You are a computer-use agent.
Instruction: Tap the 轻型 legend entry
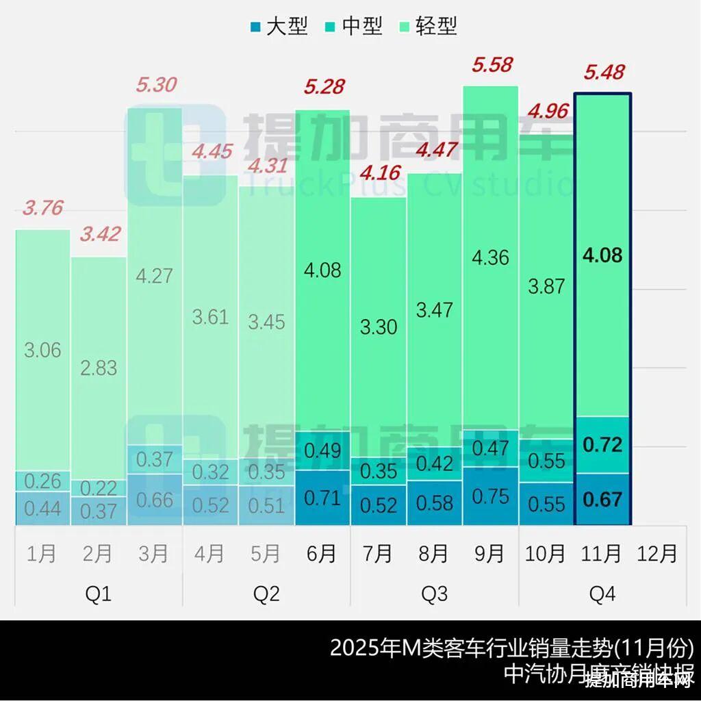[427, 27]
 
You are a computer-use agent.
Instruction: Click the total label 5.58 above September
[492, 66]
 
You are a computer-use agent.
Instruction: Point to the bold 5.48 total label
[603, 72]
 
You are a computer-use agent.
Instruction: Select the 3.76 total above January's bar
[43, 207]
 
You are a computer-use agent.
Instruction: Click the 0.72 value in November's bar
[602, 445]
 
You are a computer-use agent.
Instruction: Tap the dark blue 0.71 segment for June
[322, 497]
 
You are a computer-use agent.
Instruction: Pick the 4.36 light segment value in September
[491, 258]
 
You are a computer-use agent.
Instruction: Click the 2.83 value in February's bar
[99, 368]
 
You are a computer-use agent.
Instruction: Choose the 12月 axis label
[657, 553]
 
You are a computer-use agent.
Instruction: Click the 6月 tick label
[322, 553]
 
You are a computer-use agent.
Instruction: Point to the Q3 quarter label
[434, 594]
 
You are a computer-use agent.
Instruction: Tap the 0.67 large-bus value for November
[602, 499]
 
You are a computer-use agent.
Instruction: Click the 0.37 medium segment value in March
[155, 459]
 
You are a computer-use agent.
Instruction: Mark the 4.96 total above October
[546, 110]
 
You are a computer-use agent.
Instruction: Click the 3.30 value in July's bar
[379, 327]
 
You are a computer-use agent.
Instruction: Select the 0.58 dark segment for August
[434, 502]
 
